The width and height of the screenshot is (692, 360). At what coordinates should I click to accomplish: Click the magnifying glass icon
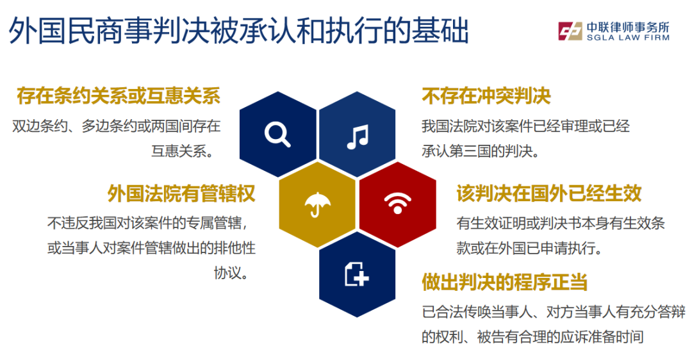click(277, 134)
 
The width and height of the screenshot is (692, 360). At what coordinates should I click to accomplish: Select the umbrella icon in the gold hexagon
click(317, 205)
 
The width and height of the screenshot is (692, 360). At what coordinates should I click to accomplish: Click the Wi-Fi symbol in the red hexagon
click(398, 203)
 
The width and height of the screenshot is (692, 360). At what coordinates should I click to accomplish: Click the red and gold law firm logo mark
click(570, 31)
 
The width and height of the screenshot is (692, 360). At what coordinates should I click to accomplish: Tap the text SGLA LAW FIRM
click(628, 38)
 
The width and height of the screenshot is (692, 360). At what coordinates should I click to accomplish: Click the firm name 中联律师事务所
click(628, 27)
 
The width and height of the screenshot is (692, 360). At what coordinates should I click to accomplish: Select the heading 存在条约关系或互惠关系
click(119, 95)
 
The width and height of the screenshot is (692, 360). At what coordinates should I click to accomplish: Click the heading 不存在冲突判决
click(486, 95)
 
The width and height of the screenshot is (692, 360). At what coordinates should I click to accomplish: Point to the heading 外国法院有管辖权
click(181, 193)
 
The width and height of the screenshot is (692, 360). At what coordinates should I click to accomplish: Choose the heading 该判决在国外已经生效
click(549, 193)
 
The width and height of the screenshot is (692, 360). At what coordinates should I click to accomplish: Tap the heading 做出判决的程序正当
click(504, 282)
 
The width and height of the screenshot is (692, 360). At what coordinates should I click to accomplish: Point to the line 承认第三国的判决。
click(481, 151)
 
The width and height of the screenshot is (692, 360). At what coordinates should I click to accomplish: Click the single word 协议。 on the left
click(231, 273)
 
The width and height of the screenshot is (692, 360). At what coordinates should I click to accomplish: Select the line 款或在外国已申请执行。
click(530, 248)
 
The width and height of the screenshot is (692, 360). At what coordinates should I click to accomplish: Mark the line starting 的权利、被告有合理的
click(532, 336)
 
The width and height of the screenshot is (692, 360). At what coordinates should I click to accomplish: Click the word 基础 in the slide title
click(440, 31)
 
